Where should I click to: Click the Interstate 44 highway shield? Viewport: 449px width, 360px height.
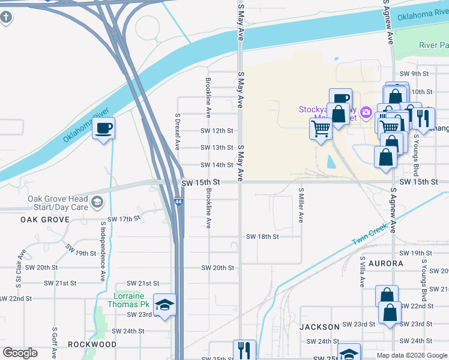(179, 202)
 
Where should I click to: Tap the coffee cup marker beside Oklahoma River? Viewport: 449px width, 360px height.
(103, 128)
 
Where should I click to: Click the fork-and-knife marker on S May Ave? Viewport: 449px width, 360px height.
(244, 350)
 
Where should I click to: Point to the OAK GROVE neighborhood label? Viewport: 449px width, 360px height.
(45, 220)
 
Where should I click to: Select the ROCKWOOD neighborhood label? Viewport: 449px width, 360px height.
(92, 344)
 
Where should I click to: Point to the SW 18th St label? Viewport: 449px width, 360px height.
(262, 236)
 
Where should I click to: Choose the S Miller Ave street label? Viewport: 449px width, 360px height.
(301, 205)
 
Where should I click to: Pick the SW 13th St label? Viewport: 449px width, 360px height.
(217, 148)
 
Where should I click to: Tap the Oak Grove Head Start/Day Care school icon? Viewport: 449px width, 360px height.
(97, 203)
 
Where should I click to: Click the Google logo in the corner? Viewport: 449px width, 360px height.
(20, 353)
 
